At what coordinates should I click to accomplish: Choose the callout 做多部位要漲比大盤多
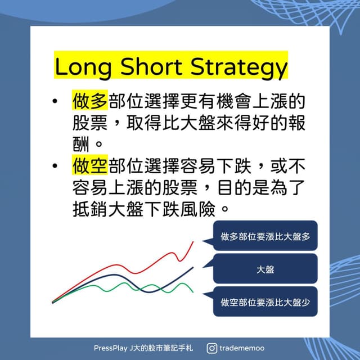point(265,236)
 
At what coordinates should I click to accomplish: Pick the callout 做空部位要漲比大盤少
point(265,302)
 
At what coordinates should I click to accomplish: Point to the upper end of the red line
point(193,241)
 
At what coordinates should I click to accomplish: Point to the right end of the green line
point(193,291)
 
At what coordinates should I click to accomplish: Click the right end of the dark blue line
point(193,268)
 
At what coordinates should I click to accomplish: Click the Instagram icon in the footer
point(211,348)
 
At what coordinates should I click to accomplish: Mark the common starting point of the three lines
point(53,302)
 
